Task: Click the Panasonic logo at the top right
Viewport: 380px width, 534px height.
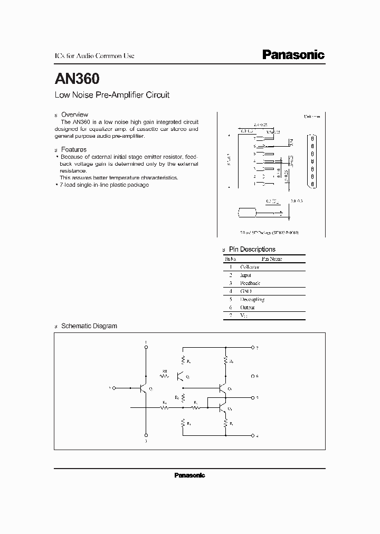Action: (x=293, y=55)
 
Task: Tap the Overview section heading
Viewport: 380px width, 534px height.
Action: (x=74, y=115)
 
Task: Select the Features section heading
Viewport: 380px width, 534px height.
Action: (x=73, y=149)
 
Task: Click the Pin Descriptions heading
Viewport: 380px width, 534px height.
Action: (x=252, y=249)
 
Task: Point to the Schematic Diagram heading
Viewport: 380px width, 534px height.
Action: (x=89, y=326)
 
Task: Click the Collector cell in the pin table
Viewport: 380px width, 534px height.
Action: (x=250, y=267)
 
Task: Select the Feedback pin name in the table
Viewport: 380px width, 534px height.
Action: (x=250, y=283)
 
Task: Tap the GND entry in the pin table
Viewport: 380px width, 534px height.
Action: (x=246, y=291)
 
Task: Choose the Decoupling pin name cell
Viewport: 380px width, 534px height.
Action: (x=252, y=299)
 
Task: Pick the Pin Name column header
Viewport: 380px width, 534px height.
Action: (x=272, y=259)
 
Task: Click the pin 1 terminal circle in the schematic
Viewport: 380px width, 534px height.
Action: (x=146, y=348)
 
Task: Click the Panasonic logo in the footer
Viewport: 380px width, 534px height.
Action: (x=189, y=475)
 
